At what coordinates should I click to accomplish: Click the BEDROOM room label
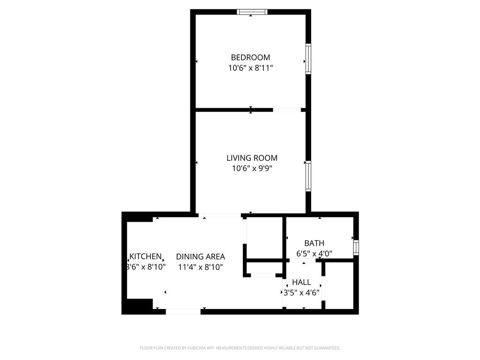tap(250, 57)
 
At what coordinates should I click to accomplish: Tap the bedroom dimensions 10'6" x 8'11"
tap(250, 68)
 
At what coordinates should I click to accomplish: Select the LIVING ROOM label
tap(252, 158)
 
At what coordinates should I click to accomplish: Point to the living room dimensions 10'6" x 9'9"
tap(252, 168)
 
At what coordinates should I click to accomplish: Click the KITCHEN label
tap(146, 256)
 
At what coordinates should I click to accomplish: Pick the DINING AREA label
tap(200, 256)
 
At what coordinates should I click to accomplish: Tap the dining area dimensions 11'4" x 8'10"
tap(200, 267)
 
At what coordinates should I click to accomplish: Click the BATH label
tap(314, 243)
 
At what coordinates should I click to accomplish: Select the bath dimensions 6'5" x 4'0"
tap(314, 254)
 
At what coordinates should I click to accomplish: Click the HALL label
tap(301, 282)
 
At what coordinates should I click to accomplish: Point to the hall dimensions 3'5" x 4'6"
tap(301, 292)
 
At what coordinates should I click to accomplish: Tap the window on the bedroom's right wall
tap(308, 59)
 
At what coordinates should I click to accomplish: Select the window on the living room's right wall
tap(308, 176)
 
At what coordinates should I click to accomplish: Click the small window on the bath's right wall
tap(356, 247)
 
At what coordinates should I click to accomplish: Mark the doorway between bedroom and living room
tap(287, 110)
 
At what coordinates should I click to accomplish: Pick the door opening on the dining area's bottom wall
tap(183, 311)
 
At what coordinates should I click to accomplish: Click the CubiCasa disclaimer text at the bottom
tap(240, 348)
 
